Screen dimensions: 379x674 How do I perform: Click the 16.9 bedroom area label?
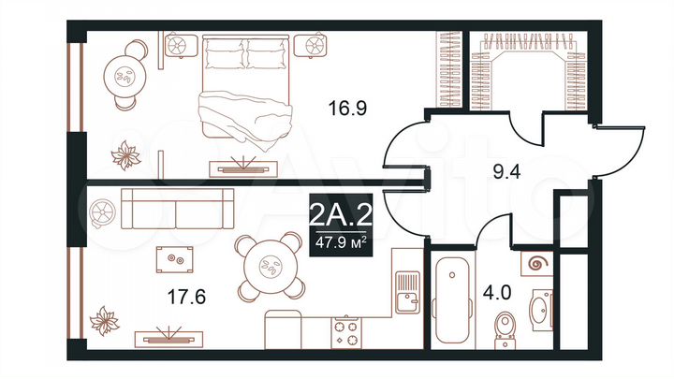(x=346, y=109)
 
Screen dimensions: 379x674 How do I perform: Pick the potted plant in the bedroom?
(x=125, y=153)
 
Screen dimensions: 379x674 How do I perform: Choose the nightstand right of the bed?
(x=309, y=44)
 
